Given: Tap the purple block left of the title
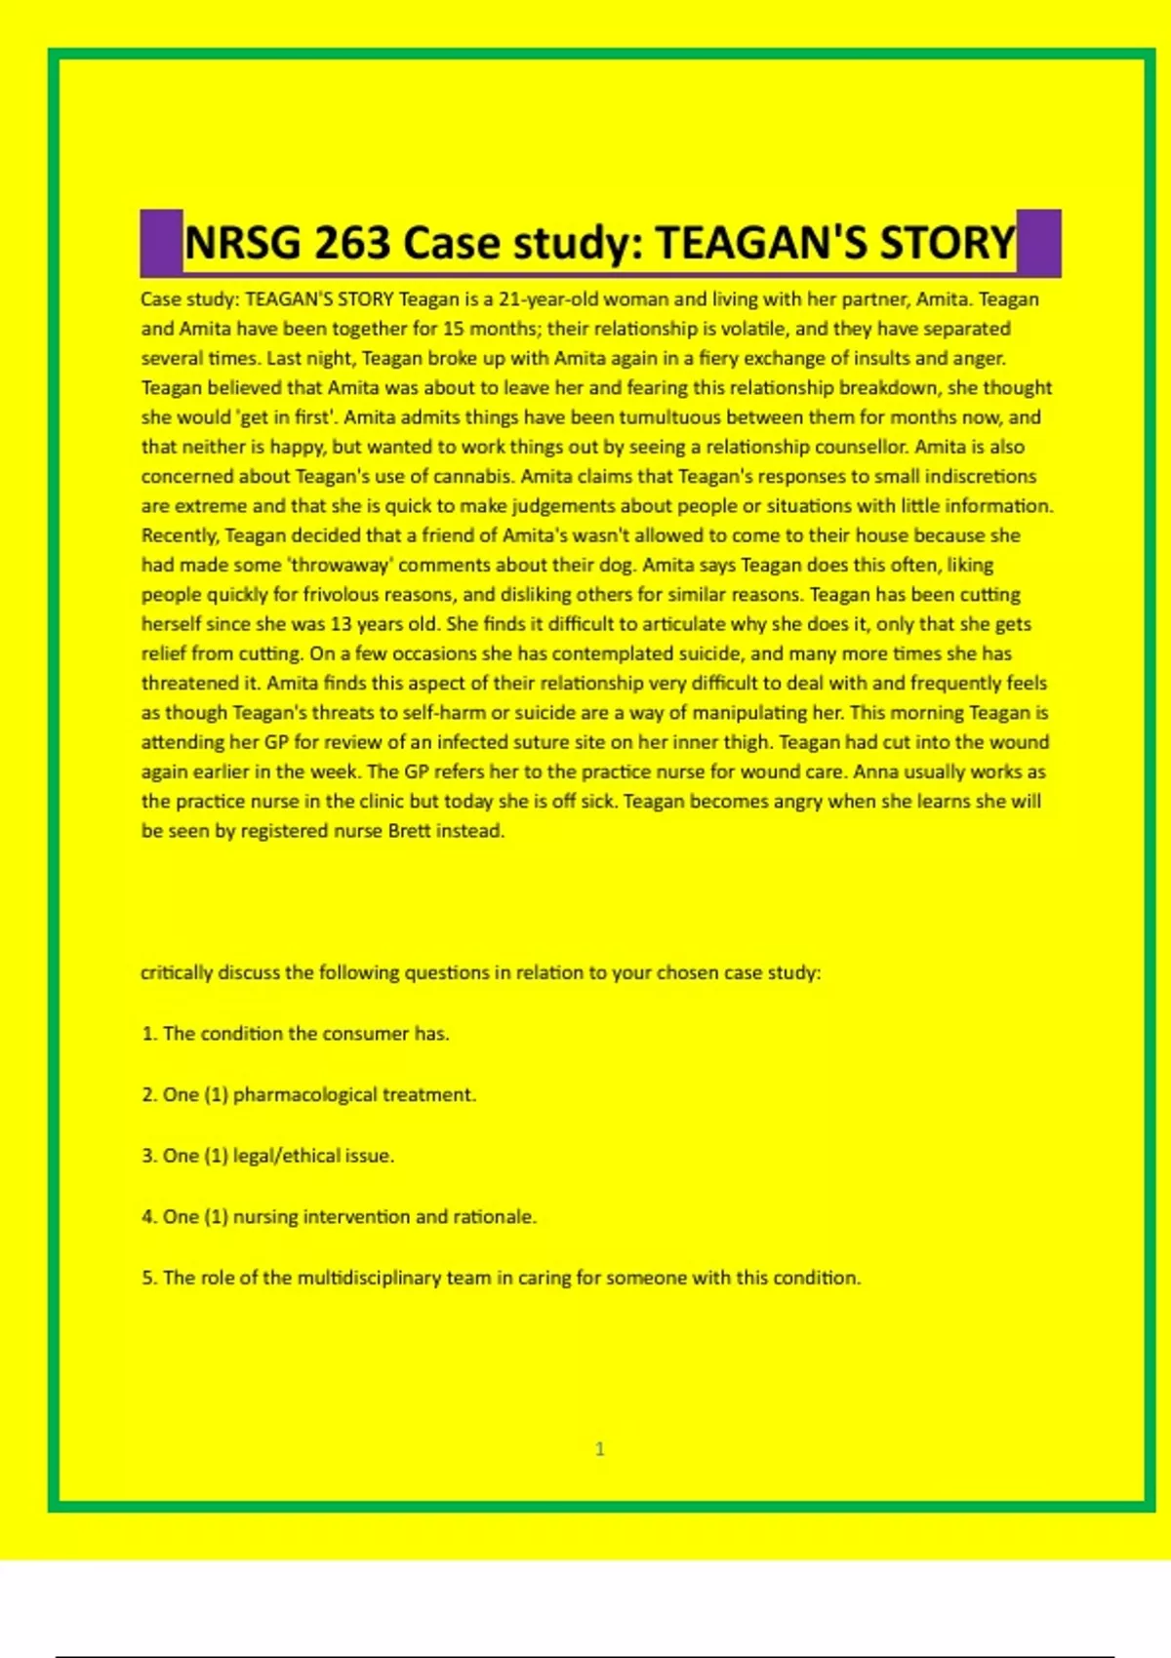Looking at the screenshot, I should click(x=161, y=243).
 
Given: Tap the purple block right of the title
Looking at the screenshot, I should click(x=1038, y=243).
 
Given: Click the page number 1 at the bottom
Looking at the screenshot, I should click(x=600, y=1449).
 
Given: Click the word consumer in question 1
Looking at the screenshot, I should click(x=367, y=1034).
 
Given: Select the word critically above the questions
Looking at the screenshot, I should click(x=177, y=972).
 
